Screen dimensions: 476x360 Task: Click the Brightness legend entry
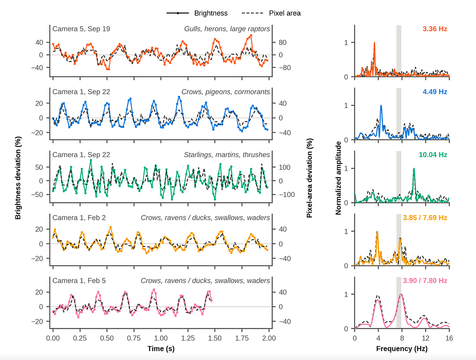(x=197, y=13)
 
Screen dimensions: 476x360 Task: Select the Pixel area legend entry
(x=271, y=13)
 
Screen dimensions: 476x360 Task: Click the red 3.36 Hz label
(x=435, y=29)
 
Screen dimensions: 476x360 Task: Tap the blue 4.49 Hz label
(x=435, y=92)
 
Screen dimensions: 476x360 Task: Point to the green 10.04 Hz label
(x=433, y=155)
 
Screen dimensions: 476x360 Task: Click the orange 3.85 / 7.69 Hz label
(x=425, y=218)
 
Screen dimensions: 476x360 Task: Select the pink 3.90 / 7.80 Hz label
(x=425, y=281)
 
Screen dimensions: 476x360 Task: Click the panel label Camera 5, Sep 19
(x=81, y=29)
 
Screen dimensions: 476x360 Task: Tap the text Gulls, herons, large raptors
(x=227, y=29)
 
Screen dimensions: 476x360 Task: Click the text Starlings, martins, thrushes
(x=227, y=155)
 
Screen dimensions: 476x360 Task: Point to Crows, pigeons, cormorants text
(x=225, y=92)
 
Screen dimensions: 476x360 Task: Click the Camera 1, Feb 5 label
(x=79, y=281)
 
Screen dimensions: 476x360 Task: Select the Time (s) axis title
(x=161, y=348)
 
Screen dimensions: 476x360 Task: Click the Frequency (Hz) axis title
(x=402, y=348)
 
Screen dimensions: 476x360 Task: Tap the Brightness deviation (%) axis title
(x=18, y=178)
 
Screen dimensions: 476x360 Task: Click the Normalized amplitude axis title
(x=338, y=178)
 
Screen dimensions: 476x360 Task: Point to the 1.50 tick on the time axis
(x=215, y=338)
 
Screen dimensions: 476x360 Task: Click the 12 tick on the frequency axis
(x=426, y=338)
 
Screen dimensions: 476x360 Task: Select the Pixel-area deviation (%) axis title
(x=309, y=178)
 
